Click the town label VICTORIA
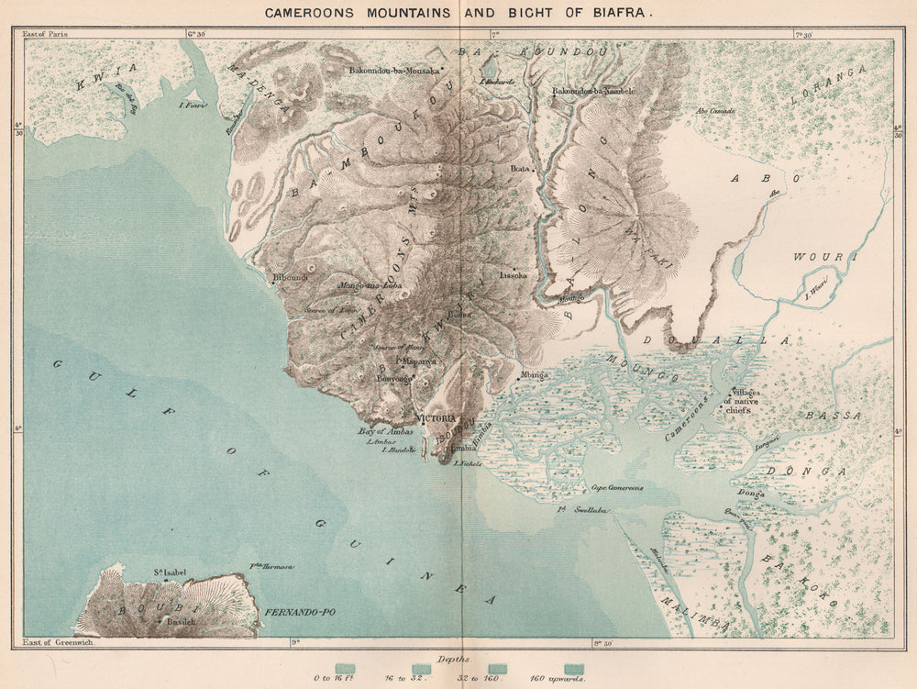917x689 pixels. coord(436,417)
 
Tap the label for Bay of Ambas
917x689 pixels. coord(381,430)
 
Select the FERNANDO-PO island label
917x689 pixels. coord(290,611)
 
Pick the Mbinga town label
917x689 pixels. coord(535,374)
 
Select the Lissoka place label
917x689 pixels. coord(514,274)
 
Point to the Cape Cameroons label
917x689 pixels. coord(616,489)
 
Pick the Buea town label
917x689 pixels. coord(459,314)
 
